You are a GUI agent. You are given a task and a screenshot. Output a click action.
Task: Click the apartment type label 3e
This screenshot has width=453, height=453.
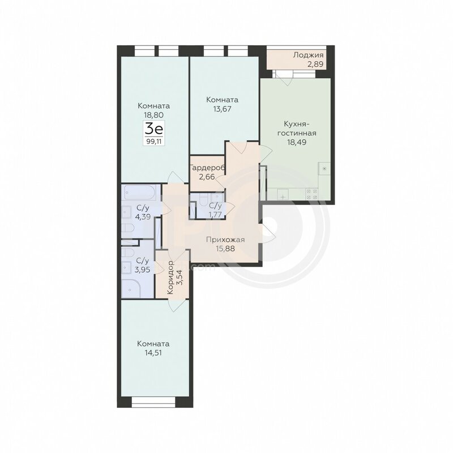(x=154, y=129)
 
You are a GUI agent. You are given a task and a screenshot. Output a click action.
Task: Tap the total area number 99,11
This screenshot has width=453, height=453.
(x=154, y=142)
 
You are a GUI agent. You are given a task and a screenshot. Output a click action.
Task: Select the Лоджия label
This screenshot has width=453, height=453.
(x=308, y=55)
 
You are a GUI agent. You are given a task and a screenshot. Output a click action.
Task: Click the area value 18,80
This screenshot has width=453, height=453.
(x=153, y=115)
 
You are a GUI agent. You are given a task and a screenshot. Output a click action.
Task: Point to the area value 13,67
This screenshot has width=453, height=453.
(x=222, y=109)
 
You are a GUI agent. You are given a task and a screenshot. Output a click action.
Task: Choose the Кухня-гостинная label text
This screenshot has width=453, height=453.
(x=297, y=129)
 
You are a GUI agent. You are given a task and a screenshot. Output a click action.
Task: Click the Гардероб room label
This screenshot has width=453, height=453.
(x=207, y=168)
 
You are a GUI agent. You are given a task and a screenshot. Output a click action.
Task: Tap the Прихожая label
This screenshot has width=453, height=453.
(x=225, y=240)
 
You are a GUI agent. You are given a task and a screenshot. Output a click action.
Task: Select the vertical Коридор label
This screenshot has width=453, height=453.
(x=170, y=277)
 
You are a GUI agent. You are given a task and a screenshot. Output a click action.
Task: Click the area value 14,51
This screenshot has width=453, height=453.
(x=153, y=353)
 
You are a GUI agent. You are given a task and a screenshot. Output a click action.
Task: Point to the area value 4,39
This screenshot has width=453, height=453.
(x=143, y=217)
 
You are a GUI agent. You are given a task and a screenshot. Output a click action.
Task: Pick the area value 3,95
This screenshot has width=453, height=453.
(x=143, y=270)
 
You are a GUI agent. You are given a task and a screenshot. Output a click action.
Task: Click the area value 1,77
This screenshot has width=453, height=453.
(x=216, y=215)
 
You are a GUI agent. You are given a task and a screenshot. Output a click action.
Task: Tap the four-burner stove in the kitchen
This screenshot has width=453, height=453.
(x=311, y=194)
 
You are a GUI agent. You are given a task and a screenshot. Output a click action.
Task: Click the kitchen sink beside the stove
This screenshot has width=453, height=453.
(x=283, y=194)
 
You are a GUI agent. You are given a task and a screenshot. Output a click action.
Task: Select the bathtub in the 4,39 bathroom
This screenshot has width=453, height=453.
(x=139, y=192)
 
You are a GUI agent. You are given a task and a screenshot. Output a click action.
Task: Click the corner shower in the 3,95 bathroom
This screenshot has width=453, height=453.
(x=131, y=288)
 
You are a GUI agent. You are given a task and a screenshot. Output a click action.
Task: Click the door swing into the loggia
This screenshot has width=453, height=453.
(x=285, y=78)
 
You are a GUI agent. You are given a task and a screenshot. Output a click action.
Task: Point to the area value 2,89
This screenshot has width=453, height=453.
(x=315, y=64)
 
